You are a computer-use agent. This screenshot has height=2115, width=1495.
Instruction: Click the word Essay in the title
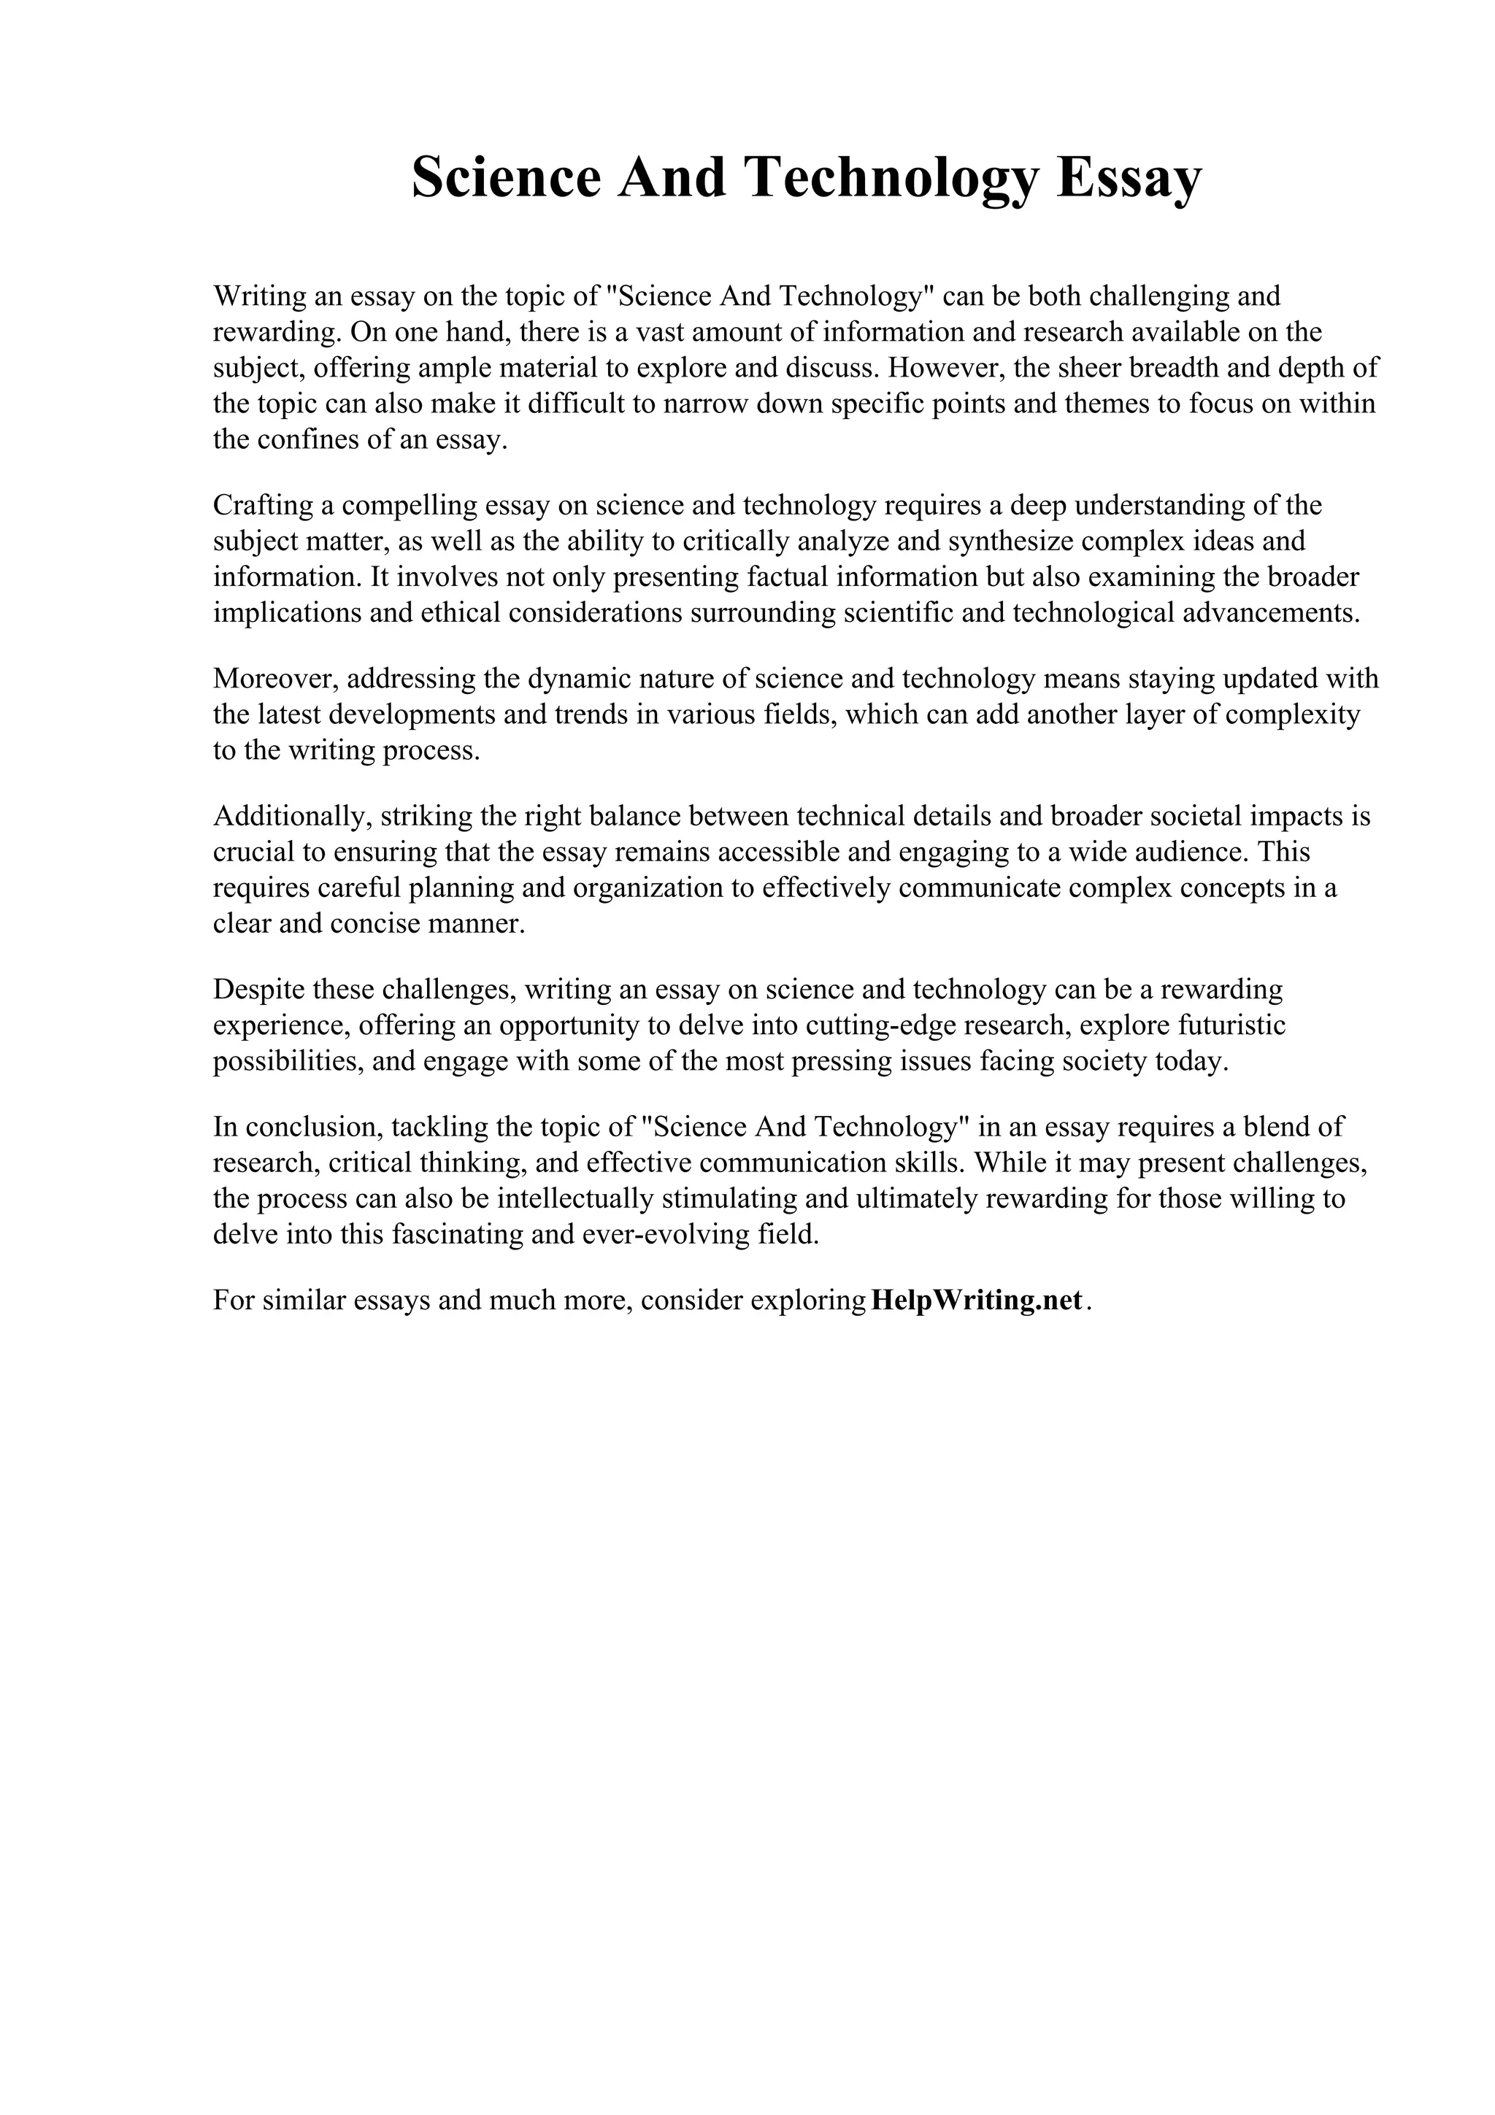pyautogui.click(x=1129, y=178)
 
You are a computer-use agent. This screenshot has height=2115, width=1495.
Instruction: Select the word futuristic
pyautogui.click(x=1234, y=1025)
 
